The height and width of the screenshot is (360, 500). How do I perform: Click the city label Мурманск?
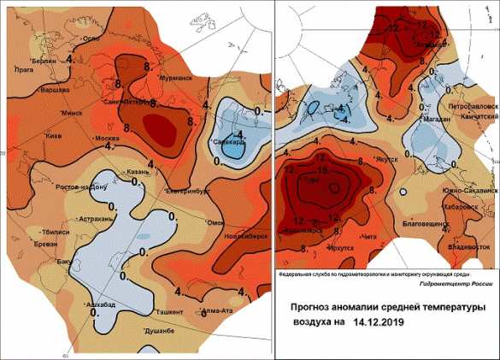[173, 80]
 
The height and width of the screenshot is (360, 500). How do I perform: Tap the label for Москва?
[107, 139]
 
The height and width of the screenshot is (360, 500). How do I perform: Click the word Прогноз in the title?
[315, 305]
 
